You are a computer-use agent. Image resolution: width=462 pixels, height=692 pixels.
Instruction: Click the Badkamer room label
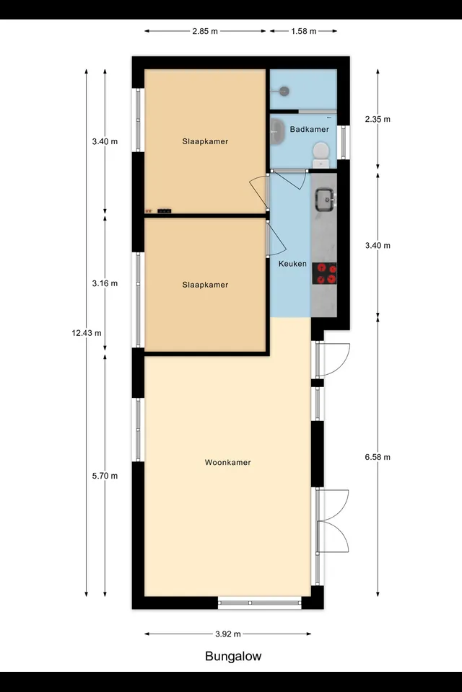pyautogui.click(x=310, y=129)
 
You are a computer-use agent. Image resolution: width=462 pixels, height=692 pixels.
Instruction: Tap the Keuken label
pyautogui.click(x=292, y=264)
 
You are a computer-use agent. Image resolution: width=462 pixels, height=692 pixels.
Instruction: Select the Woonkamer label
pyautogui.click(x=227, y=463)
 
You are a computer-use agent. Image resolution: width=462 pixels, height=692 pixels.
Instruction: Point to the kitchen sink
pyautogui.click(x=326, y=200)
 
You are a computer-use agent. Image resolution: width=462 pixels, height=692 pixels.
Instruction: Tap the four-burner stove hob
pyautogui.click(x=324, y=274)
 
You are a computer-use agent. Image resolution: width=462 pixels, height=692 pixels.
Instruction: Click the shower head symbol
pyautogui.click(x=283, y=92)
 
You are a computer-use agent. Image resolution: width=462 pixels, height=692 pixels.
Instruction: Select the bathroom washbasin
pyautogui.click(x=277, y=131)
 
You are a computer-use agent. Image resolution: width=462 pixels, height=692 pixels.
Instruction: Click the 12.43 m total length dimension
pyautogui.click(x=87, y=333)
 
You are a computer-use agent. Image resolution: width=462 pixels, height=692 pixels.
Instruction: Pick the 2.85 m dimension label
pyautogui.click(x=205, y=31)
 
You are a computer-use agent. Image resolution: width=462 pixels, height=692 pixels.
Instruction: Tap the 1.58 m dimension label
pyautogui.click(x=304, y=31)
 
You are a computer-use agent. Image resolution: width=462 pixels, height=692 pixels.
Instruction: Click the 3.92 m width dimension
pyautogui.click(x=228, y=634)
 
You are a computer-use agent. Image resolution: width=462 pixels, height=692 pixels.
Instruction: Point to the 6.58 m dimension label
pyautogui.click(x=378, y=457)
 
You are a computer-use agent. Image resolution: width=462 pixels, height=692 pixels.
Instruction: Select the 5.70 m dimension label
pyautogui.click(x=105, y=476)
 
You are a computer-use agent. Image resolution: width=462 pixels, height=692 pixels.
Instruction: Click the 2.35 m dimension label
pyautogui.click(x=378, y=119)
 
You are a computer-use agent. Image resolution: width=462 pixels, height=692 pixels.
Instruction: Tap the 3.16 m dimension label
pyautogui.click(x=105, y=283)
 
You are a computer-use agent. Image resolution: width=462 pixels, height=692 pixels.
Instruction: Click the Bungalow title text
pyautogui.click(x=233, y=656)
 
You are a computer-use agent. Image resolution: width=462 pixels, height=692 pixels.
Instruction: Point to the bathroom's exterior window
pyautogui.click(x=343, y=142)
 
